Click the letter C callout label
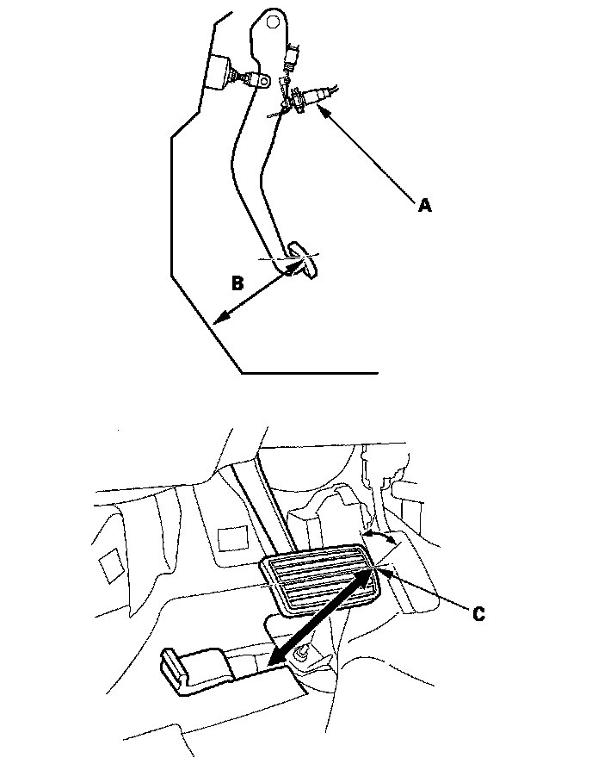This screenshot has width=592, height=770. [479, 613]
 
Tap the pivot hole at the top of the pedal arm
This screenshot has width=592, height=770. [273, 18]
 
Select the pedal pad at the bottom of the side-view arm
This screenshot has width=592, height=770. [304, 259]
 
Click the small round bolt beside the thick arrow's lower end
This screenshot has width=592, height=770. [304, 656]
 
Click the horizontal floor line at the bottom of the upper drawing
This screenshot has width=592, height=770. [310, 374]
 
